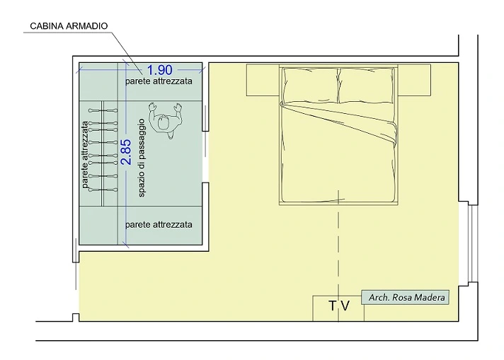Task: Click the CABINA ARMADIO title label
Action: pos(69,26)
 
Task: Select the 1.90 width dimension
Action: pos(160,70)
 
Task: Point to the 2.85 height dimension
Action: pos(126,152)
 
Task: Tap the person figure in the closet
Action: pos(165,120)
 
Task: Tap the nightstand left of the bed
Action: pos(263,80)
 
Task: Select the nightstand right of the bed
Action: pos(414,80)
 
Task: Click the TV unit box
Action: pos(338,308)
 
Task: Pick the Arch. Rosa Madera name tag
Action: pos(406,297)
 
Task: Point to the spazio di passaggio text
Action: pos(142,158)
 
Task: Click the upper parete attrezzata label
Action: pos(159,81)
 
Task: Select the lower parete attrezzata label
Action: pos(159,224)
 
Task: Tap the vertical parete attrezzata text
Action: pos(85,154)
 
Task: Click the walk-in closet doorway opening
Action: pos(205,157)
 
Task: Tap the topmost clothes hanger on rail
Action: pos(103,110)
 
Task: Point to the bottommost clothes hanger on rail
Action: pos(103,190)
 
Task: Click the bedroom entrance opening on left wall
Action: pos(76,288)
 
